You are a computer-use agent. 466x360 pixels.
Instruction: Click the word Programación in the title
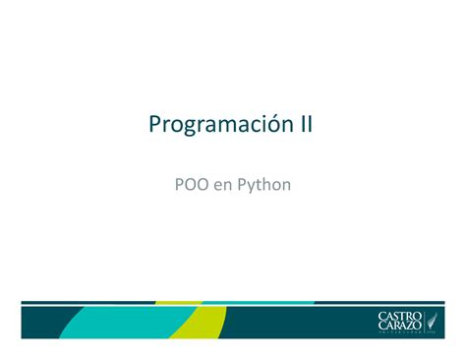point(216,127)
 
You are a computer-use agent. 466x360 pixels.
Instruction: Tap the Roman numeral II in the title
point(305,125)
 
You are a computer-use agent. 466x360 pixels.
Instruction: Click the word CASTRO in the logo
point(399,316)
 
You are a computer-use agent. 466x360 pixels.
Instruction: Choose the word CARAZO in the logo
point(399,327)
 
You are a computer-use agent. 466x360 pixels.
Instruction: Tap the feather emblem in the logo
point(434,321)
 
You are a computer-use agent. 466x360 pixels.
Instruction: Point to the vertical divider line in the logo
point(424,322)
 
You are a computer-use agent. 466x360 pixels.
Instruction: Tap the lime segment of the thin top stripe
point(177,302)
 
